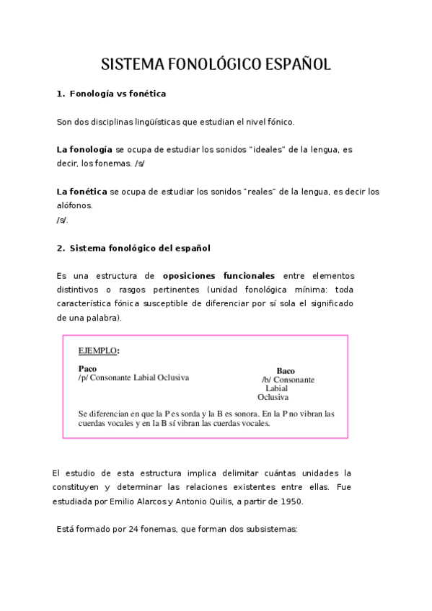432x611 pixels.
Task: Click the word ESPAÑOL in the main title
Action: coord(298,64)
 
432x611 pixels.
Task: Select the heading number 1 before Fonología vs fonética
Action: coord(59,94)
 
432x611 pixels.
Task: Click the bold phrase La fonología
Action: coord(84,149)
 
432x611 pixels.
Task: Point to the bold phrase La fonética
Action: coord(81,191)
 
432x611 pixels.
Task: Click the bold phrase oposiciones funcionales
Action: coord(219,275)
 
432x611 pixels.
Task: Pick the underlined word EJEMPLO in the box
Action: coord(97,351)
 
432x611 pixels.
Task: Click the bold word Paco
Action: coord(87,368)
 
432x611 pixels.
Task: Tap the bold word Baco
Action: coord(286,370)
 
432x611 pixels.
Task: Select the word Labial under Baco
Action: coord(276,388)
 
